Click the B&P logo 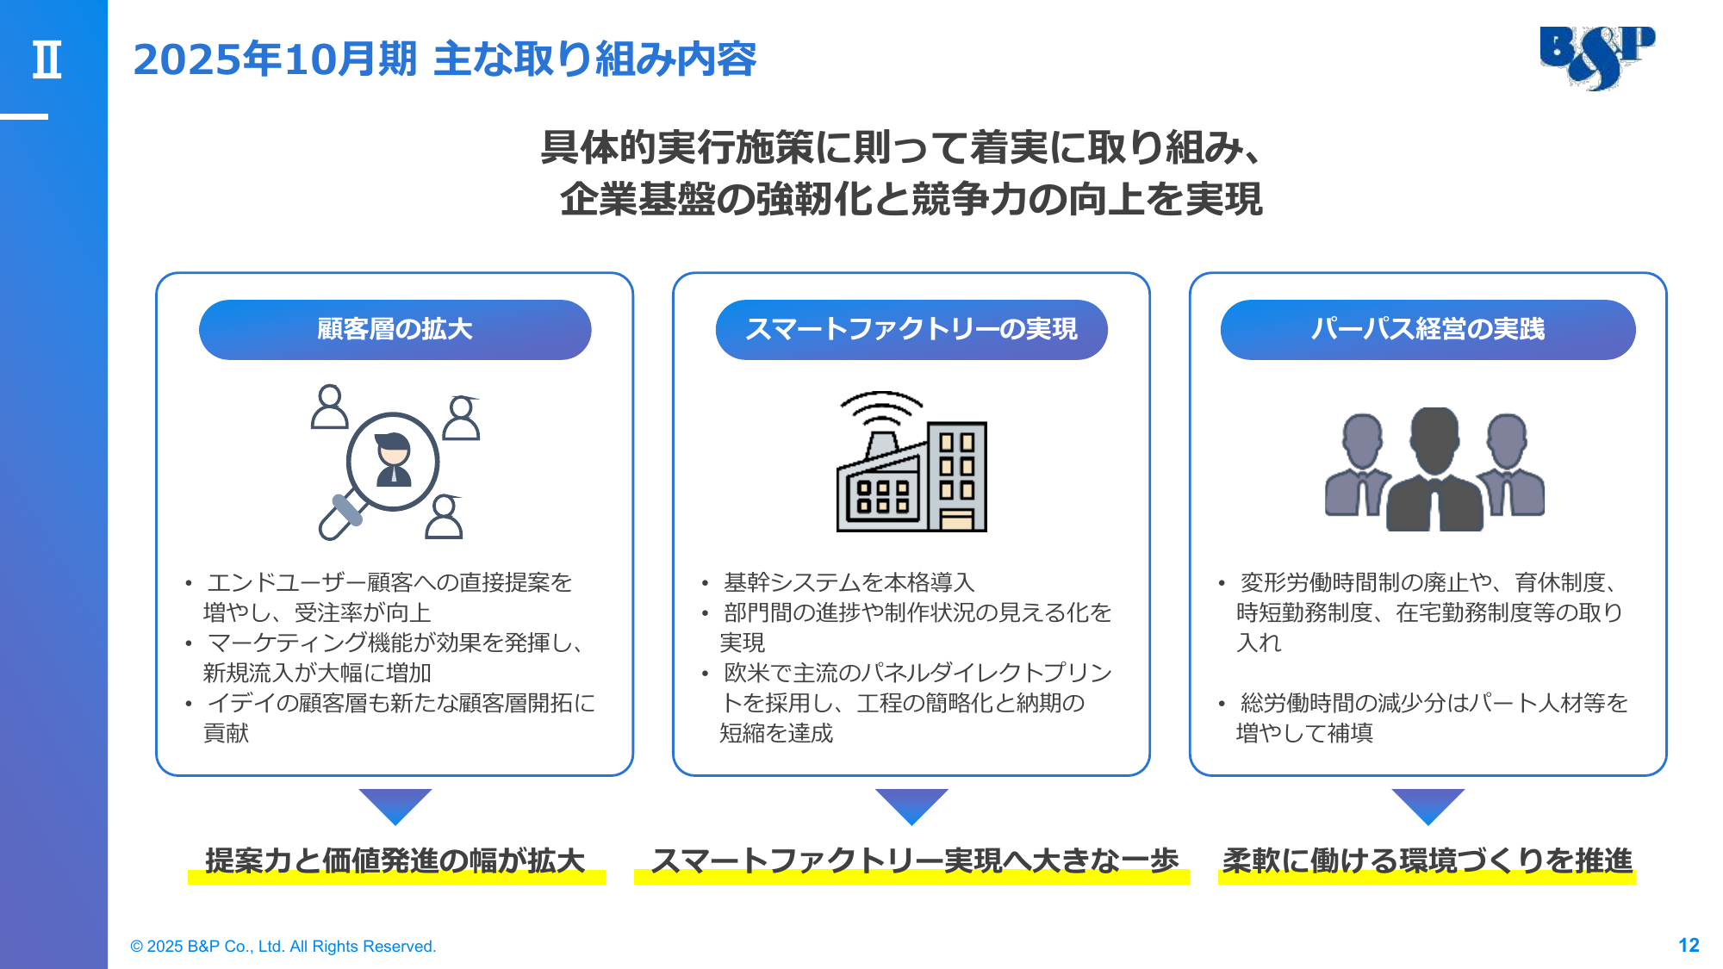tap(1596, 57)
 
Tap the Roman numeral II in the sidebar tap(47, 60)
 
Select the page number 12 tap(1689, 945)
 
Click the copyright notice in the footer tap(283, 946)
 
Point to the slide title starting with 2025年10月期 tap(445, 59)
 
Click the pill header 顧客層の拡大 tap(395, 329)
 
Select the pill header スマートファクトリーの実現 tap(911, 329)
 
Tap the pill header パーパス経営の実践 tap(1428, 329)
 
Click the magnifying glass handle tap(340, 515)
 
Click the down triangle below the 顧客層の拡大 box tap(395, 804)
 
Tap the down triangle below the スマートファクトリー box tap(911, 804)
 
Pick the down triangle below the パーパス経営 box tap(1428, 804)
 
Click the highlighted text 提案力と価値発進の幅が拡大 tap(395, 860)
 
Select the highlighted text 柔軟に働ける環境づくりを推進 tap(1427, 860)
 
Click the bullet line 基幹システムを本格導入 tap(849, 582)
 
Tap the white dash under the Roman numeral tap(24, 116)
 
